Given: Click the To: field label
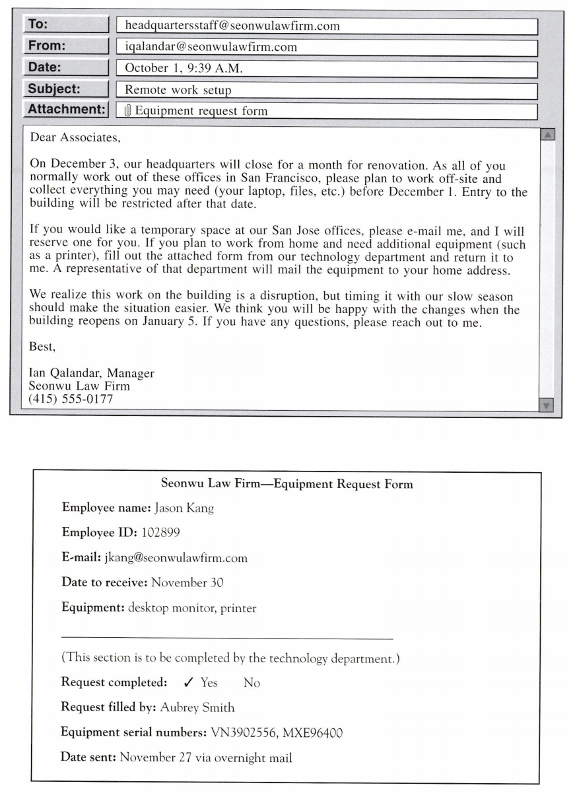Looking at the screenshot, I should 65,25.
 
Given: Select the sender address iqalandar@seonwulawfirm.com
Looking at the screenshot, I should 211,47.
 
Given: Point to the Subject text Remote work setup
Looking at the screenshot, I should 178,89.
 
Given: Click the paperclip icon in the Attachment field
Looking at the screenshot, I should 129,111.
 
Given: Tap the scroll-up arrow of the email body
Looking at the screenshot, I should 547,135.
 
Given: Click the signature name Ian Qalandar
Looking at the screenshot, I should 63,373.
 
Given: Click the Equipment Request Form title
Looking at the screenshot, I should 287,484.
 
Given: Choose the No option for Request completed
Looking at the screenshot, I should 252,683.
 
